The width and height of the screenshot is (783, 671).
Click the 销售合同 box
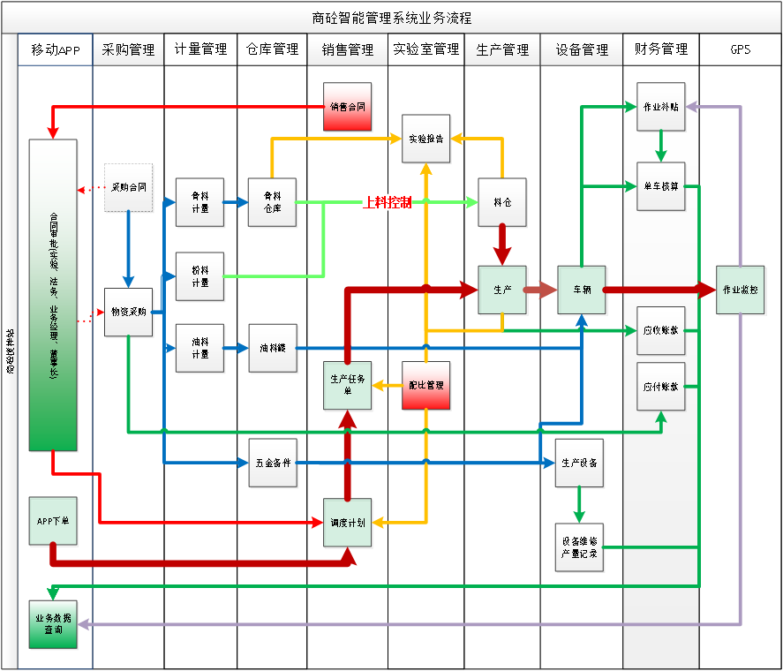point(348,107)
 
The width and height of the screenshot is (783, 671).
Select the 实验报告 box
point(427,139)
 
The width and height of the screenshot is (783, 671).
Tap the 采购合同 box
point(129,188)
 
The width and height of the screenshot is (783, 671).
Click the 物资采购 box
point(129,312)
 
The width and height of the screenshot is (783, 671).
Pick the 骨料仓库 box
point(273,202)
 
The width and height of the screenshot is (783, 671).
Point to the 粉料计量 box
point(200,276)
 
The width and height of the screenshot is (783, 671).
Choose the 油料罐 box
point(273,349)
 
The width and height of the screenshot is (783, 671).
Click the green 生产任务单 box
point(348,386)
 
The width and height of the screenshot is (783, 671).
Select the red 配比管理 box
point(427,386)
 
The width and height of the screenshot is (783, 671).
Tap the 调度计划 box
point(348,523)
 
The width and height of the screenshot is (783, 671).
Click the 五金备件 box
point(273,463)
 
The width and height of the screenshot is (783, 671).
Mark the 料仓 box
point(502,202)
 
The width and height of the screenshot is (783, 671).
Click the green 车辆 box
point(582,290)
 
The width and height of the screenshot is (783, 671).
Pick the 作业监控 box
point(741,290)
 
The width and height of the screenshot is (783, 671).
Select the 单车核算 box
point(660,186)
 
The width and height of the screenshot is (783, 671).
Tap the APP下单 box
point(53,521)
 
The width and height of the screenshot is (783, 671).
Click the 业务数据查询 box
point(53,624)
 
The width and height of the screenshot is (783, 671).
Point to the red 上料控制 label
point(387,202)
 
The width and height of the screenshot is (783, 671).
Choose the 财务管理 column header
point(660,49)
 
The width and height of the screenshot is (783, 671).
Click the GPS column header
point(740,49)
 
